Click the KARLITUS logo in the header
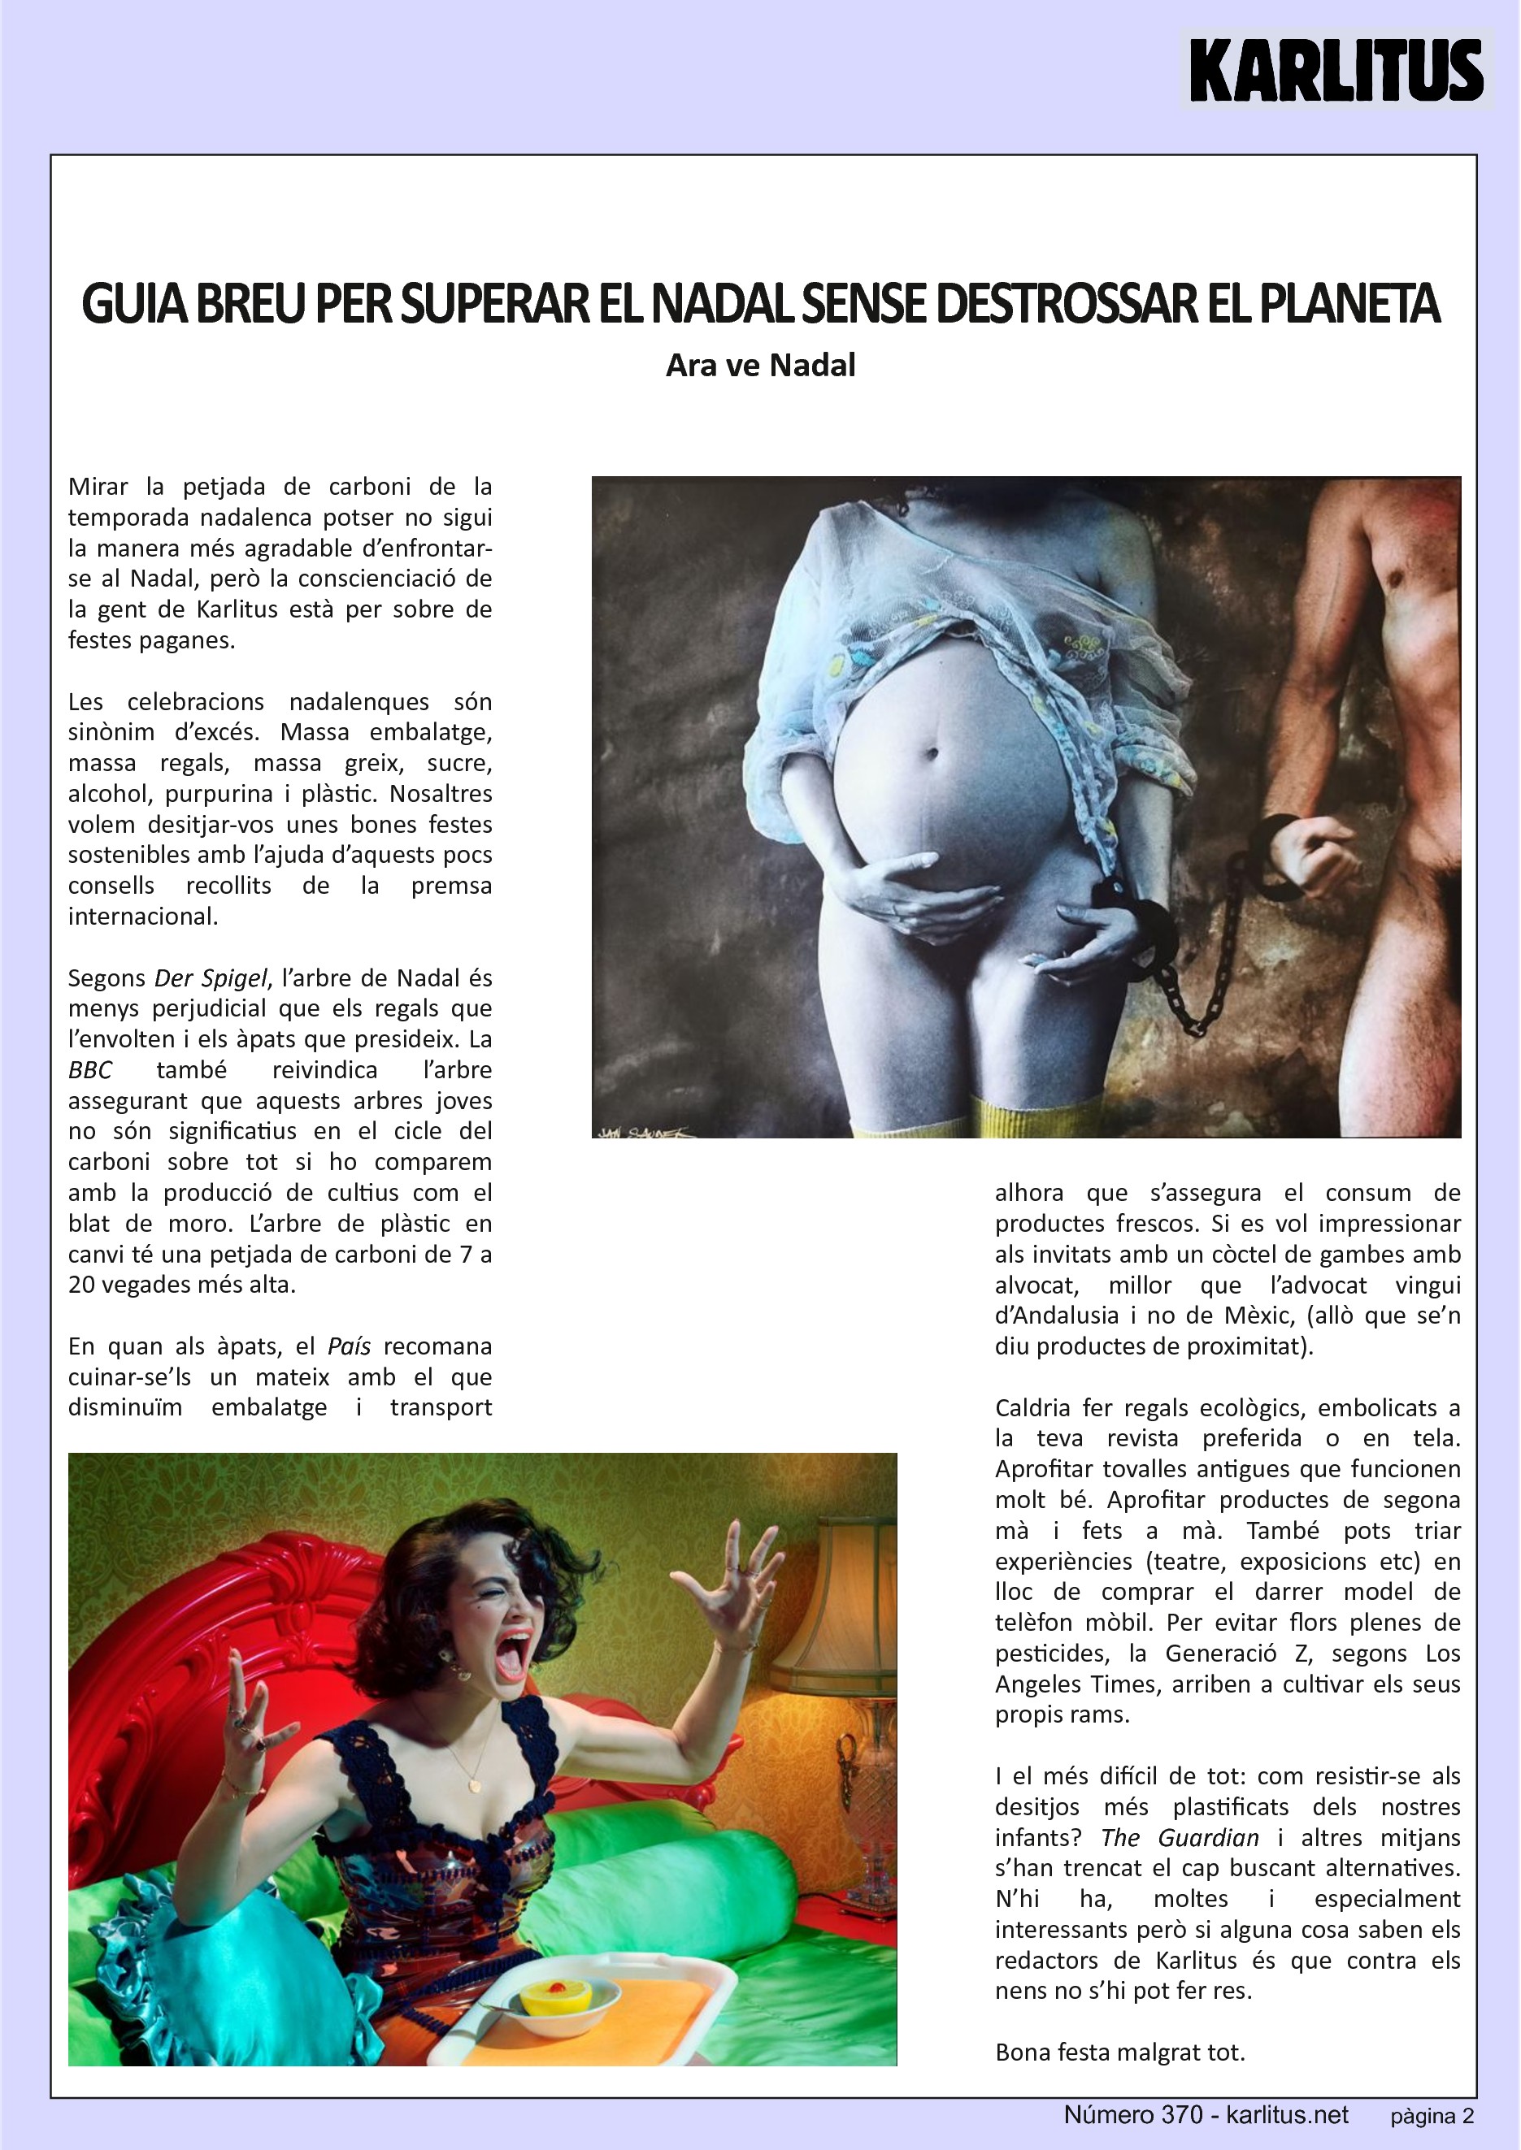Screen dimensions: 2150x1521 click(x=1336, y=69)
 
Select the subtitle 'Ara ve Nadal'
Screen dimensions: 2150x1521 click(x=761, y=365)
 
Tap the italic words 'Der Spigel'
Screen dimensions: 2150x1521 click(x=211, y=978)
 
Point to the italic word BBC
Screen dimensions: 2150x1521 click(x=90, y=1070)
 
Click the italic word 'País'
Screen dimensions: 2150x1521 click(x=350, y=1346)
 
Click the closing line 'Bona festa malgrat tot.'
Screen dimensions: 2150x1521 click(x=1120, y=2052)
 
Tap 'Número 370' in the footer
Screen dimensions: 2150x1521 click(x=1133, y=2114)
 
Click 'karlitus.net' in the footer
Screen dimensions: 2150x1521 click(x=1288, y=2114)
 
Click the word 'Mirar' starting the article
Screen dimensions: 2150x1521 click(x=98, y=487)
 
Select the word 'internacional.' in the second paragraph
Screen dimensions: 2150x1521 click(x=142, y=917)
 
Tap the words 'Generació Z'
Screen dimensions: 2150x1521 click(x=1238, y=1654)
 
